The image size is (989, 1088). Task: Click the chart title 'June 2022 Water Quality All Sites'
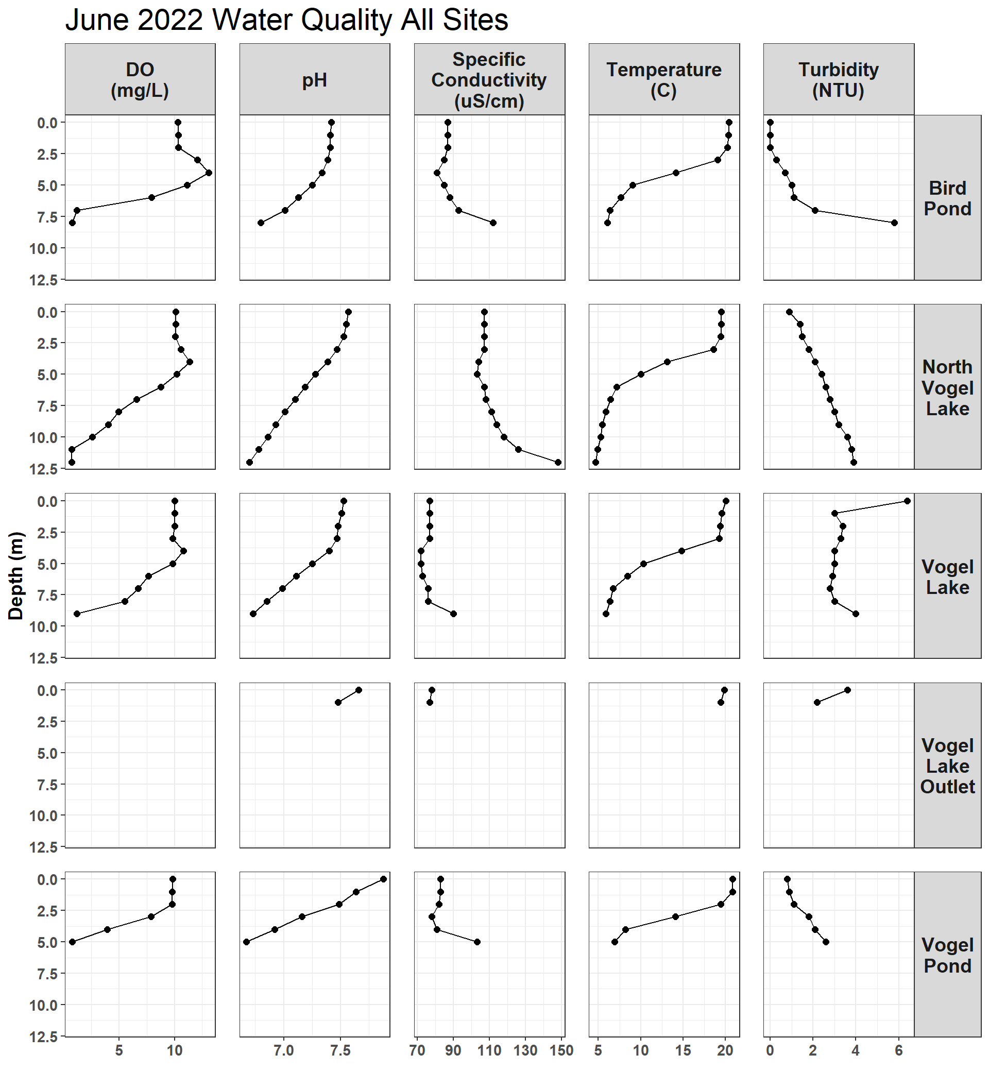(x=286, y=21)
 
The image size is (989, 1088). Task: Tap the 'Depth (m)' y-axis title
(x=16, y=575)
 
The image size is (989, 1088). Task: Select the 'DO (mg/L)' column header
(x=140, y=80)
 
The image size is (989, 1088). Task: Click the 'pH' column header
(x=315, y=80)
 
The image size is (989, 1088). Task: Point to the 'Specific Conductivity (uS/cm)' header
(x=489, y=80)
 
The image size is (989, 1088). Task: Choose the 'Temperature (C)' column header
(x=663, y=80)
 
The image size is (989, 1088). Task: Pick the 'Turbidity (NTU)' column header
(x=839, y=80)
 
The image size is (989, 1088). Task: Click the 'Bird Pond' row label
(x=947, y=198)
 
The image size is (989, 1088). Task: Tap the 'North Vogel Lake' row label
(x=947, y=387)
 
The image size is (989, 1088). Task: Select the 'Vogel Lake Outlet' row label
(x=947, y=766)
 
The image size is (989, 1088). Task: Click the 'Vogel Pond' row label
(x=947, y=955)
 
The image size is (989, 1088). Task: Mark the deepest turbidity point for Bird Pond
(x=894, y=223)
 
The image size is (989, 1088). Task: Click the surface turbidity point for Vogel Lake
(x=907, y=501)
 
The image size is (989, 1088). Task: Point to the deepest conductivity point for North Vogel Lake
(x=558, y=463)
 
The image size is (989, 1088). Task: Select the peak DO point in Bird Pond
(x=209, y=173)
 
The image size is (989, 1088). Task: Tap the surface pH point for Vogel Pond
(x=383, y=879)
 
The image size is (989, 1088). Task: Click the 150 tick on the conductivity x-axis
(x=561, y=1051)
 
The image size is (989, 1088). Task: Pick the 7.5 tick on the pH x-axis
(x=340, y=1051)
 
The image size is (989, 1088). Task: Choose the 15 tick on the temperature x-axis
(x=683, y=1051)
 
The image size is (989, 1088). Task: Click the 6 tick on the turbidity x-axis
(x=898, y=1051)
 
